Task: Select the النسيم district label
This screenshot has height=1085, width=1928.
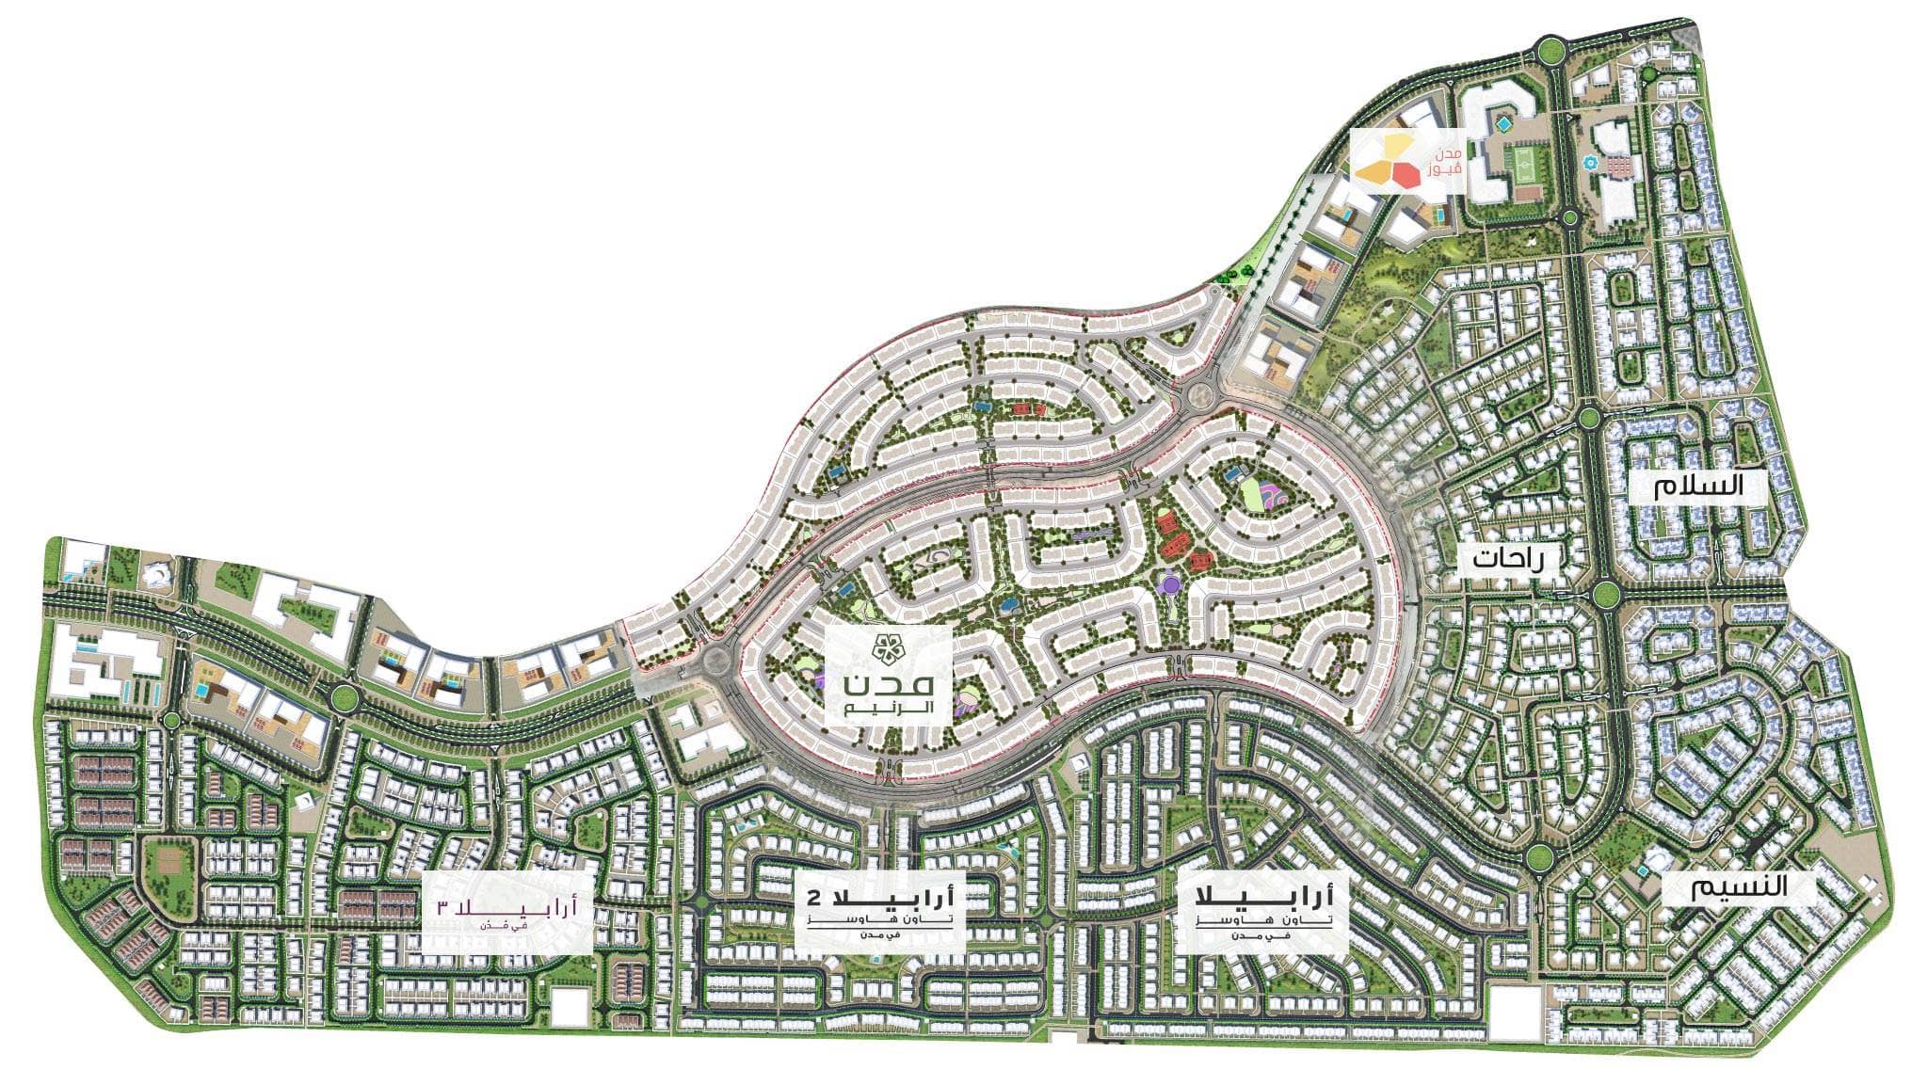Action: (x=1722, y=887)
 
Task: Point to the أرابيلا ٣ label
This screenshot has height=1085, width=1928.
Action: (x=508, y=909)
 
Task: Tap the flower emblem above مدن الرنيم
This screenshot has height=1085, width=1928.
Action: (x=888, y=647)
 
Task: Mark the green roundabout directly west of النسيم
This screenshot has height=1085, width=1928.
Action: (x=1539, y=855)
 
